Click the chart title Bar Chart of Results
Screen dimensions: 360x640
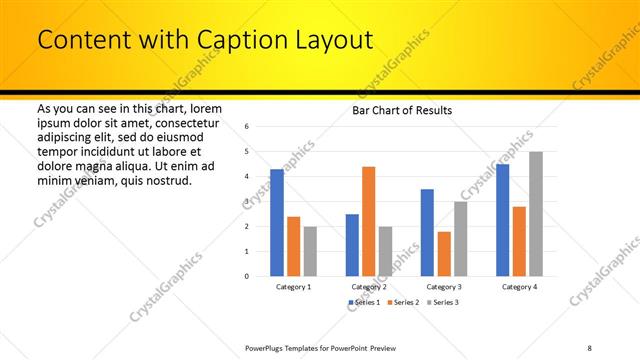(402, 110)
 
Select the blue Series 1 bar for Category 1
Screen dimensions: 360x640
(277, 222)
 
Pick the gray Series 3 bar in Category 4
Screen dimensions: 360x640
(536, 213)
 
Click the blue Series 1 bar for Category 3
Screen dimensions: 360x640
(427, 232)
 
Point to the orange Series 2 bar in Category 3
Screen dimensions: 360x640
(444, 254)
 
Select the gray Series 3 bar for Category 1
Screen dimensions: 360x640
(310, 251)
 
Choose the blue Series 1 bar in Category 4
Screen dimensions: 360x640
(502, 220)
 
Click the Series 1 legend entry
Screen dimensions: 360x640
(364, 302)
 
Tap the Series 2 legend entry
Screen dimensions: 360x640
(402, 302)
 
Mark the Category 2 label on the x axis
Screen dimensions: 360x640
(369, 287)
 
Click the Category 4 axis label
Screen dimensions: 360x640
(519, 287)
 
